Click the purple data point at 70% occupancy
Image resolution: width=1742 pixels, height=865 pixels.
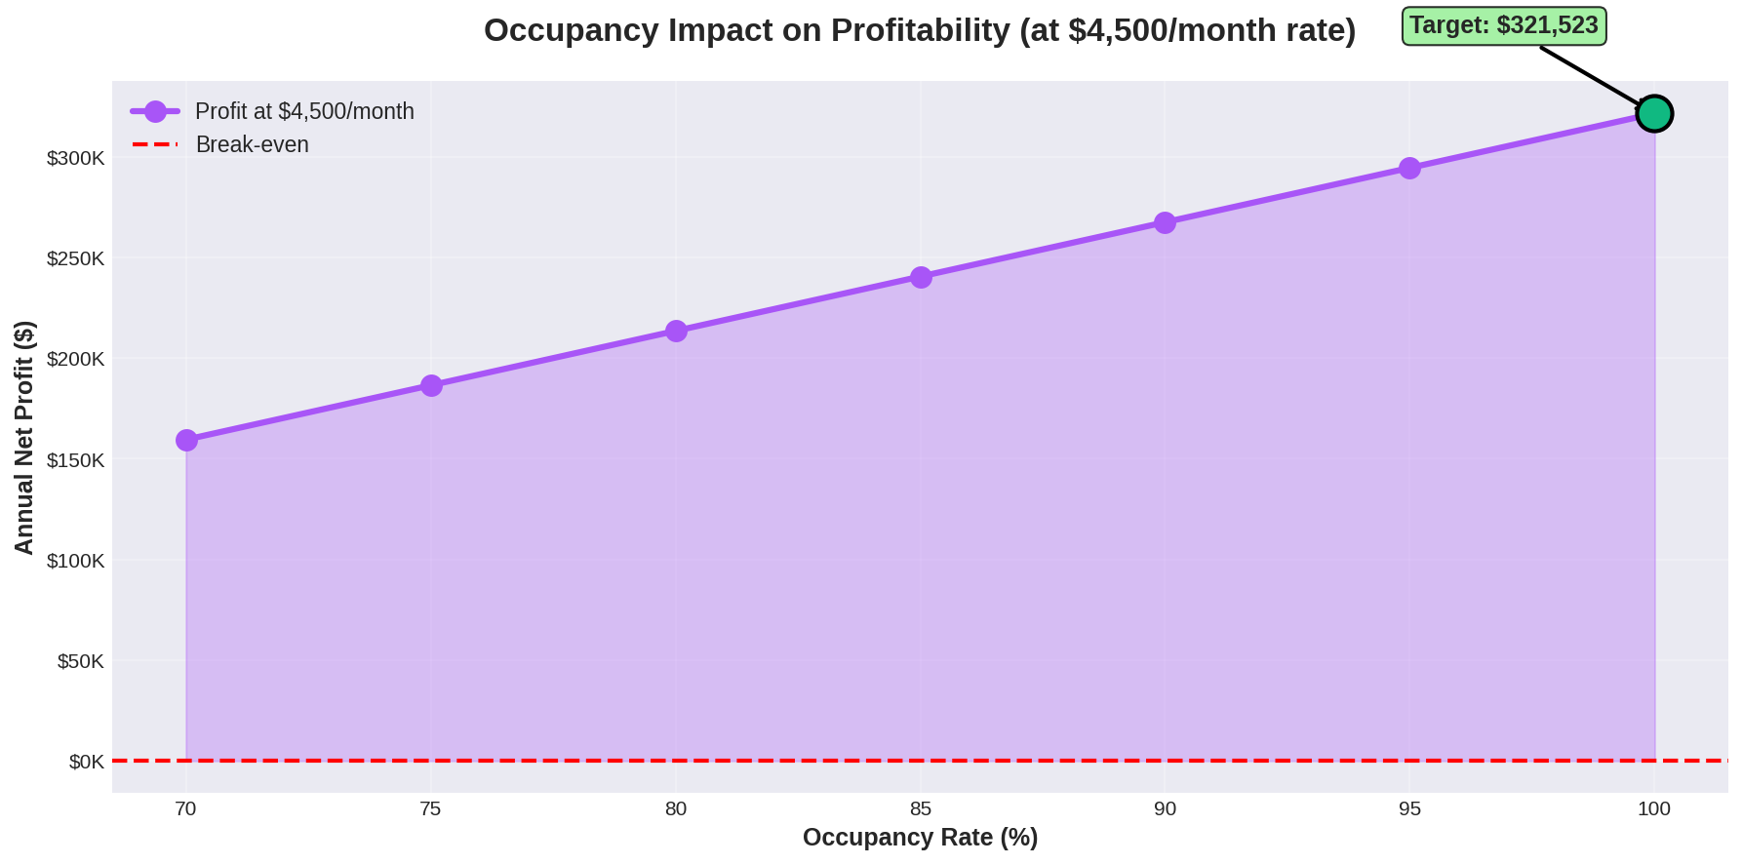(x=186, y=440)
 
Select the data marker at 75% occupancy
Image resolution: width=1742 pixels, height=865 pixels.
(x=431, y=385)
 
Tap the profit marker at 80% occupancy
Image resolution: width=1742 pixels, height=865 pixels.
(x=676, y=331)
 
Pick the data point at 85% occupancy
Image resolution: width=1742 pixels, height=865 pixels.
(x=921, y=277)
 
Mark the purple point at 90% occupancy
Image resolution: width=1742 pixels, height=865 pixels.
(x=1165, y=222)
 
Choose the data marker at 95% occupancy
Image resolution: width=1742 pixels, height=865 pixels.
(x=1409, y=168)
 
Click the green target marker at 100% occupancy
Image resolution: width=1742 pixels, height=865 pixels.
(x=1654, y=114)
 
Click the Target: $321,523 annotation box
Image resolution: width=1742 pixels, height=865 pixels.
(x=1503, y=26)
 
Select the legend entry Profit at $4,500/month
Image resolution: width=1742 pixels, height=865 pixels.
(x=304, y=111)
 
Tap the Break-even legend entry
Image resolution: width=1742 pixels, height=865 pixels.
(x=252, y=144)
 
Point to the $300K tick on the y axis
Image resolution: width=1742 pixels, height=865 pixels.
(x=75, y=158)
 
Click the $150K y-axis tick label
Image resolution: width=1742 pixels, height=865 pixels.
(x=75, y=460)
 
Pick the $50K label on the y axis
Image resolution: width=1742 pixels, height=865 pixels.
(x=80, y=661)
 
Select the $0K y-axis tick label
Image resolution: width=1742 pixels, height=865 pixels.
(x=86, y=762)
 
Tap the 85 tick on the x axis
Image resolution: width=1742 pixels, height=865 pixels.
(x=921, y=808)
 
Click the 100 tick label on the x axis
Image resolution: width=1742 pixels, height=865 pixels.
(x=1654, y=808)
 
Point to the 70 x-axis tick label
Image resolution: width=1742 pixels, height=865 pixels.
(x=185, y=808)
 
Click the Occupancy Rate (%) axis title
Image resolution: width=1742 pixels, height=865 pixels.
(x=920, y=838)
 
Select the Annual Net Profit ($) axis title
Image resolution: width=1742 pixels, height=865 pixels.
(x=24, y=437)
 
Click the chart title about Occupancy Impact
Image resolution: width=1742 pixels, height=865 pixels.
(x=920, y=31)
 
